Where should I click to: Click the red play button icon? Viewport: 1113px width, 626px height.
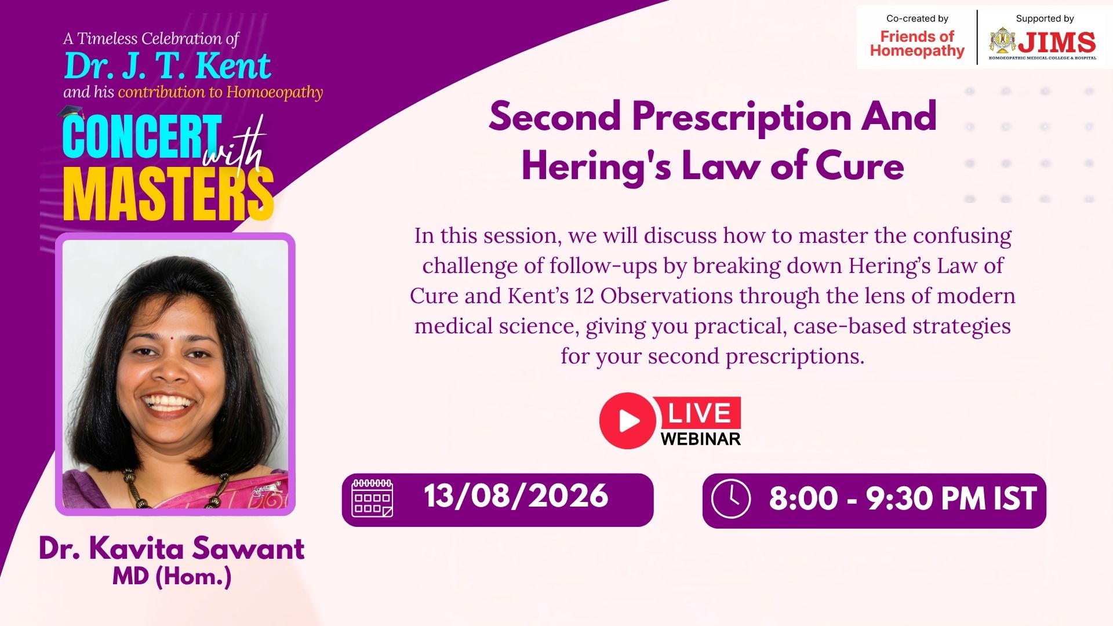pos(627,421)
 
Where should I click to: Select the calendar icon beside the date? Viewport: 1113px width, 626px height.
pos(372,498)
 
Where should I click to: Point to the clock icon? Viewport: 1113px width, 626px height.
pos(731,498)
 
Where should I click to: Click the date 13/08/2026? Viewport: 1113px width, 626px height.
pos(516,496)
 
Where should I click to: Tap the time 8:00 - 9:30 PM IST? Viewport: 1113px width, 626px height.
pos(903,498)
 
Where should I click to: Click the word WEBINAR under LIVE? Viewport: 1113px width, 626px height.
pos(701,439)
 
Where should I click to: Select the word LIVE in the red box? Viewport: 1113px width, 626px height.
pos(699,413)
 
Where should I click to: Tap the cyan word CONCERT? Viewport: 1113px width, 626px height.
pos(142,137)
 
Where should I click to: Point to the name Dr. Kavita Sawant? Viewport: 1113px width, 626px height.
pos(172,548)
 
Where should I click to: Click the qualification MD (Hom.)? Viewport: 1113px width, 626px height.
pos(172,577)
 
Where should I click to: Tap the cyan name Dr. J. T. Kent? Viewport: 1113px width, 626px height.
pos(167,65)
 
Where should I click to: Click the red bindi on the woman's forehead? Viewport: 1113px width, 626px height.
pos(172,337)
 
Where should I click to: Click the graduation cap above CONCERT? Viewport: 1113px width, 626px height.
pos(72,112)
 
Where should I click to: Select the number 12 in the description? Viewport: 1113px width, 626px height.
pos(584,296)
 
